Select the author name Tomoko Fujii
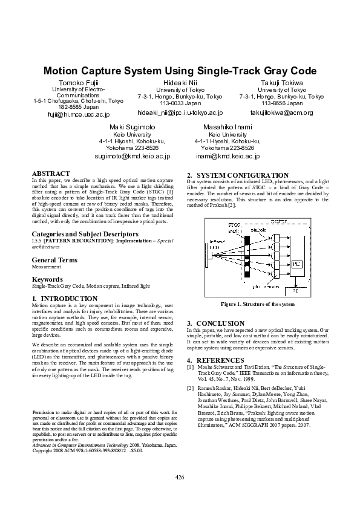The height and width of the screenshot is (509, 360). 79,82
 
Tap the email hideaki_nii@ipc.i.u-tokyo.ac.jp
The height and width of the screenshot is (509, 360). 180,112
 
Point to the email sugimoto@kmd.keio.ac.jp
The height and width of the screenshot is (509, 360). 132,156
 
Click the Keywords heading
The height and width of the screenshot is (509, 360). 47,279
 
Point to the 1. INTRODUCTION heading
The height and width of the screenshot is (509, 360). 64,299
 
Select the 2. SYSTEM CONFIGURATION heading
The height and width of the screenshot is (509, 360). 234,175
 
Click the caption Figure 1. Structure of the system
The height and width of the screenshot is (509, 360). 258,304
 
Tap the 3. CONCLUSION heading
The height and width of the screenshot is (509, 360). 215,323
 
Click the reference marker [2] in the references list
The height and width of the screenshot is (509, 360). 191,387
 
